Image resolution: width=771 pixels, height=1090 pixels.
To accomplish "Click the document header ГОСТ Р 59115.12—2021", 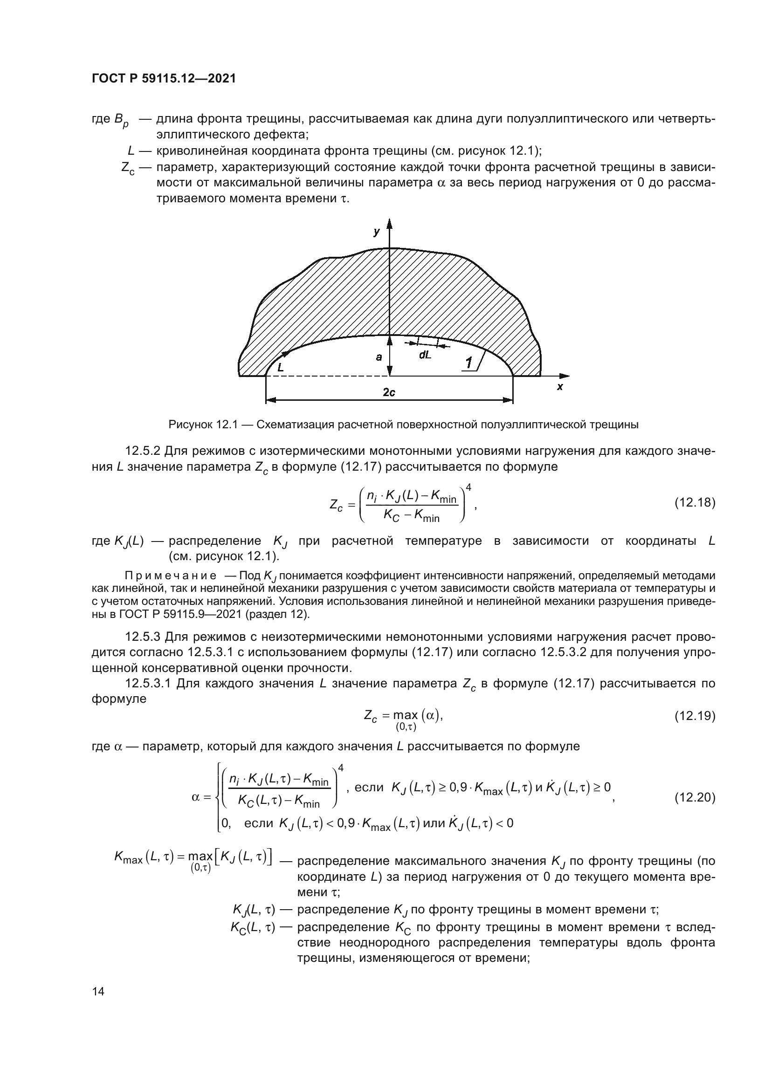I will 164,79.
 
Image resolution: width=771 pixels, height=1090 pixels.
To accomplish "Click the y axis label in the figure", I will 377,232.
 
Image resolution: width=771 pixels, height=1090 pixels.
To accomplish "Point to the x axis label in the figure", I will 559,387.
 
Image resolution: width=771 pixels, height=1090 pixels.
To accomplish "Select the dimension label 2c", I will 389,392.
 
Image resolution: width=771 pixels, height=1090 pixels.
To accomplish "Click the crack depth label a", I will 379,357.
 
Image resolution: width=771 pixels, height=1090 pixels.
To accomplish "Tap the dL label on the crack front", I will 425,355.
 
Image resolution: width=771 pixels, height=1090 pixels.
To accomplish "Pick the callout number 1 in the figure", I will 468,363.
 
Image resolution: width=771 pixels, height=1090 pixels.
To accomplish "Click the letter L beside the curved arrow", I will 281,367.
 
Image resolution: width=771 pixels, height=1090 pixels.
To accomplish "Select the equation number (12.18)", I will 695,502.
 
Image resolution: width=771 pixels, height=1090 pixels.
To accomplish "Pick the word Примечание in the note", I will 171,576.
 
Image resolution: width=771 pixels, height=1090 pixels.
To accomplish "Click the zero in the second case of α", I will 225,823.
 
